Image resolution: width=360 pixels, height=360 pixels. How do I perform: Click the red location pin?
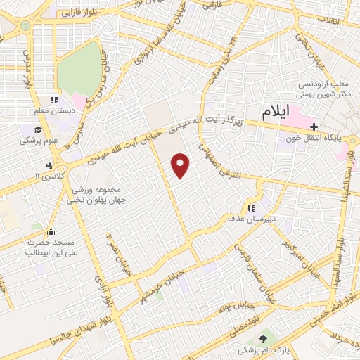(x=181, y=165)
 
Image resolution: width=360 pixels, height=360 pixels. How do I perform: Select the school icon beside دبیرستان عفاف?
(x=250, y=209)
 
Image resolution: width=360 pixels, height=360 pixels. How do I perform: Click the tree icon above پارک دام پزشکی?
(x=263, y=340)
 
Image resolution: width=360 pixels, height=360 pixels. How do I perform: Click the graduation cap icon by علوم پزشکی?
(x=37, y=129)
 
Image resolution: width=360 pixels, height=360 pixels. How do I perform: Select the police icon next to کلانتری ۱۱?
(x=49, y=166)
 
